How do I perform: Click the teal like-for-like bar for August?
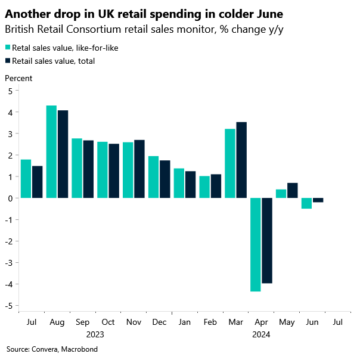(51, 151)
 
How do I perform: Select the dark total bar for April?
(267, 240)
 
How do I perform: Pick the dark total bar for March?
(241, 160)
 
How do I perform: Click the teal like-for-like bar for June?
(306, 203)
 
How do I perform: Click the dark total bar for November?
(139, 169)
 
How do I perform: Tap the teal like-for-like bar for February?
(204, 187)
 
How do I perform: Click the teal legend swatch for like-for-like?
(8, 47)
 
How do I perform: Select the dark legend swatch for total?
(8, 60)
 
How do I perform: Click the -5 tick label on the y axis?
(8, 306)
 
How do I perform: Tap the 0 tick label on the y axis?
(10, 198)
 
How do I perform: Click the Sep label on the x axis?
(83, 322)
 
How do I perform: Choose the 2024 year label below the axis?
(261, 335)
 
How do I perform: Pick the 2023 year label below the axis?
(95, 335)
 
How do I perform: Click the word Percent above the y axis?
(18, 78)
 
